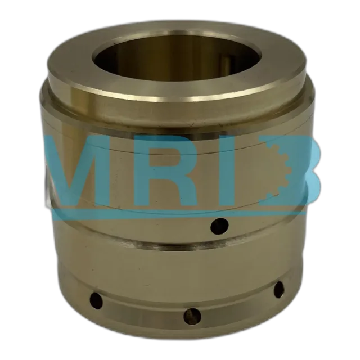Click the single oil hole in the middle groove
(219, 226)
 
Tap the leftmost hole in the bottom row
(96, 300)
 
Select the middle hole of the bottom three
(192, 316)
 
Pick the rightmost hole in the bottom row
(279, 290)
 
